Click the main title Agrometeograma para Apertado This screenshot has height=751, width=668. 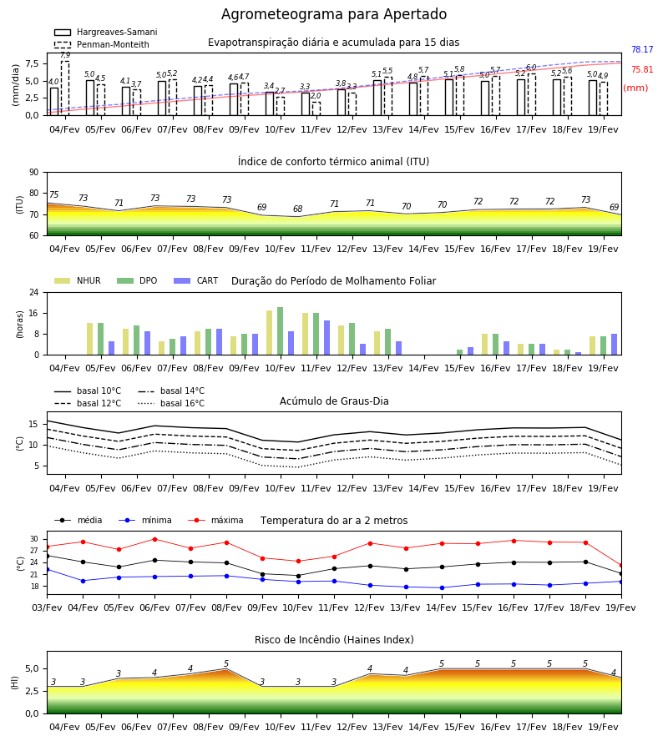tap(334, 14)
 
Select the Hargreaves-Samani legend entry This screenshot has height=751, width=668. tap(106, 32)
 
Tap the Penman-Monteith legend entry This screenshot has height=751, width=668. tap(102, 44)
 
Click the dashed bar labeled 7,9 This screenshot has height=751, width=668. tap(65, 88)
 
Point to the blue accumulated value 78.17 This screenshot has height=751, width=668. tap(642, 50)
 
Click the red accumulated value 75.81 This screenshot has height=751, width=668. tap(642, 70)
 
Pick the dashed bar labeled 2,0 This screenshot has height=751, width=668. tap(316, 108)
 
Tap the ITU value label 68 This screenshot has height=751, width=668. tap(297, 209)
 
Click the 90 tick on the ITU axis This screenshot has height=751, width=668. tap(34, 173)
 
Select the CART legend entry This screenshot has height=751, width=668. tap(196, 280)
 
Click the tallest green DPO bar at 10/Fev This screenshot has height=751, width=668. tap(280, 331)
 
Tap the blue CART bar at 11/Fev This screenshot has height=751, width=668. tap(326, 338)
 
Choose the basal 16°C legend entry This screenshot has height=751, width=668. tap(171, 403)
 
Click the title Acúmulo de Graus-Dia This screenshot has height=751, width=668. tap(334, 401)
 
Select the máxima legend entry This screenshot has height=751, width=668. tap(215, 520)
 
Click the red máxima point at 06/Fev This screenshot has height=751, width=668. tap(154, 539)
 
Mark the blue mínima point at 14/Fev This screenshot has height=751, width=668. tap(442, 587)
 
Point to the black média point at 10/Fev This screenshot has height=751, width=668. tap(299, 576)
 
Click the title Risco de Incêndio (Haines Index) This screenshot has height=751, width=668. tap(334, 640)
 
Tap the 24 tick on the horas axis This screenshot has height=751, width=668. tap(34, 292)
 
